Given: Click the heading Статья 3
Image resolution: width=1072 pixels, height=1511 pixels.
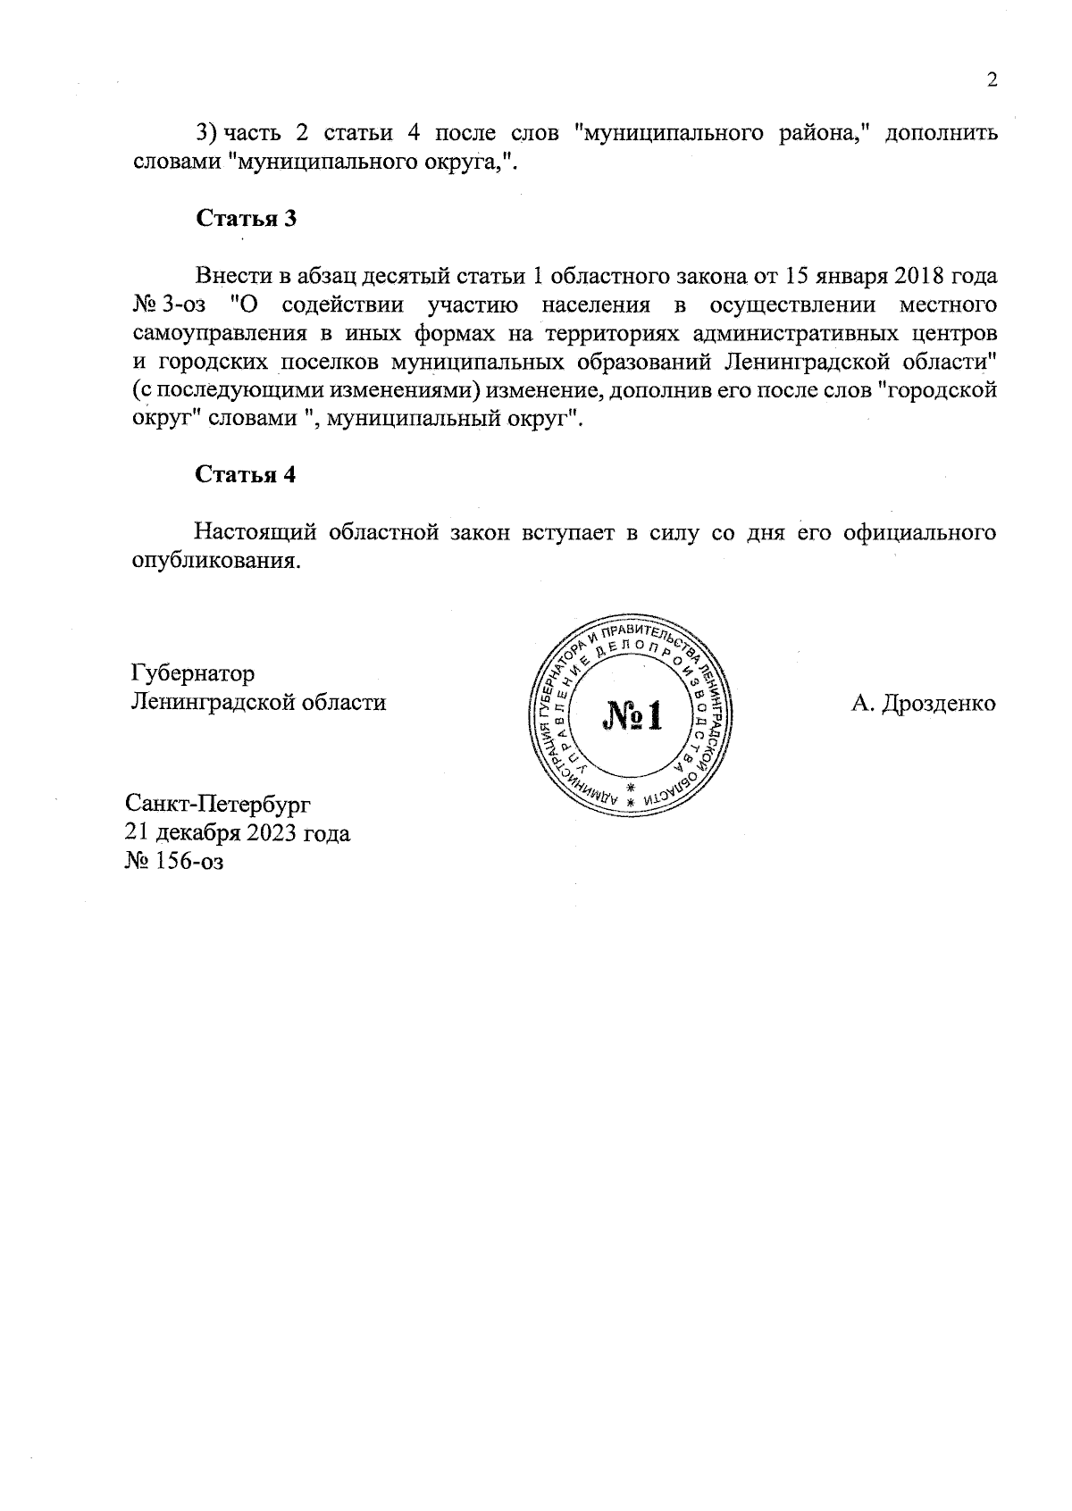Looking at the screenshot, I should tap(246, 219).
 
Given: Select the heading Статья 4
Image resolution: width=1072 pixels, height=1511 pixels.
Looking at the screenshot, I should tap(246, 474).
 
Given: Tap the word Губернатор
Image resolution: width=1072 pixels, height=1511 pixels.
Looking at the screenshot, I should tap(192, 672).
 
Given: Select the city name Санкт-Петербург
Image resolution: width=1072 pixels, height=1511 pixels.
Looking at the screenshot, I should tap(219, 805).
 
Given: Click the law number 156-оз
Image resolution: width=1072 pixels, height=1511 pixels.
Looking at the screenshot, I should tap(188, 862).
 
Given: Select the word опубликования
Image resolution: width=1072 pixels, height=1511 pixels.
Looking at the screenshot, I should tap(214, 563).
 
